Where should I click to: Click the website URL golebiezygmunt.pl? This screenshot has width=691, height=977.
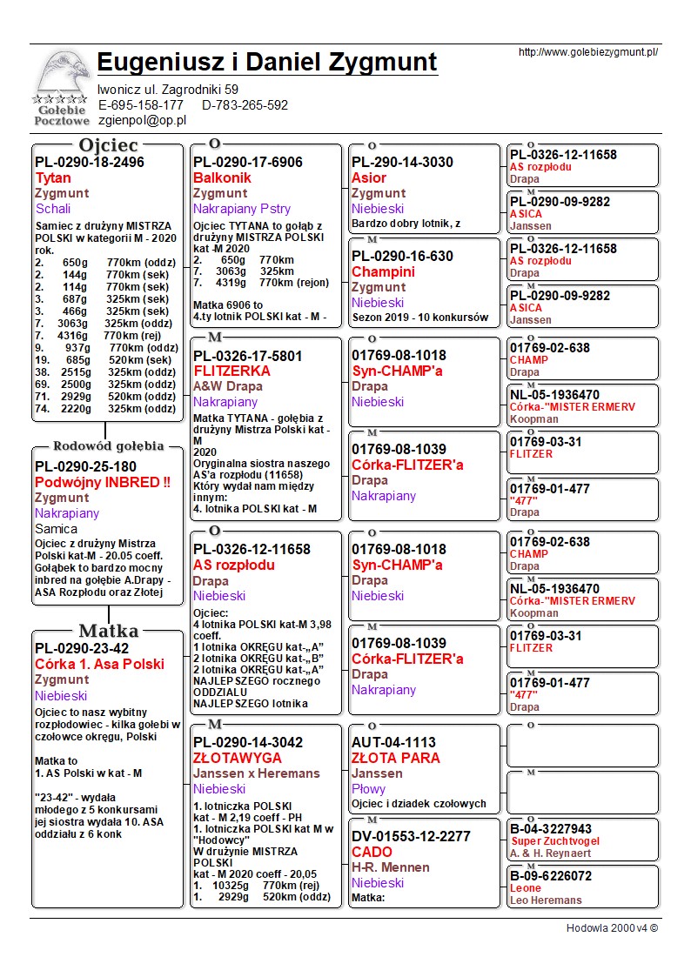(587, 52)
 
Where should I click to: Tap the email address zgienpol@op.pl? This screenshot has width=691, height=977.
(142, 121)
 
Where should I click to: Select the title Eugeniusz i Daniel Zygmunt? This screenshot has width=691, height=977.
(267, 63)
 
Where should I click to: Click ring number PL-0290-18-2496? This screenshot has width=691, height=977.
(90, 162)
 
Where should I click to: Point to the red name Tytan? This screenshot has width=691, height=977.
(53, 177)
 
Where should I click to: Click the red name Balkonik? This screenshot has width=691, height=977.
(222, 177)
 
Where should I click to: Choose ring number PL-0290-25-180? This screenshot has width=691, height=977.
(85, 466)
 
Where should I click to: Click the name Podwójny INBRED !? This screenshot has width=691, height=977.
(103, 482)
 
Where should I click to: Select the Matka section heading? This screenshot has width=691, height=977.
(109, 631)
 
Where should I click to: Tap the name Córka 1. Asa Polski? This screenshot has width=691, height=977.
(99, 665)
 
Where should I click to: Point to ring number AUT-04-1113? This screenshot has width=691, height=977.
(394, 742)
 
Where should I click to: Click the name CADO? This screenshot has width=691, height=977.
(372, 852)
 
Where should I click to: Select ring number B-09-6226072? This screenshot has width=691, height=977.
(551, 876)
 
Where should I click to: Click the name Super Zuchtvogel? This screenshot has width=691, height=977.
(551, 841)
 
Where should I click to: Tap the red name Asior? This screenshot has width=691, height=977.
(369, 177)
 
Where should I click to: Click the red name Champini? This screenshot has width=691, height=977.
(383, 271)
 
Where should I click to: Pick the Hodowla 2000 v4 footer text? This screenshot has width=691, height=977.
(612, 928)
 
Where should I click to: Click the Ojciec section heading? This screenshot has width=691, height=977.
(109, 144)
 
